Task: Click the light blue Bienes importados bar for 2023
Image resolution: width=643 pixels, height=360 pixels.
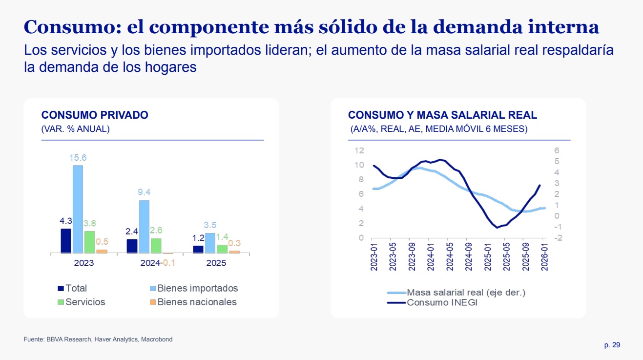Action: pyautogui.click(x=78, y=209)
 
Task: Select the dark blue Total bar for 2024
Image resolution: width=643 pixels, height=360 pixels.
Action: pyautogui.click(x=132, y=246)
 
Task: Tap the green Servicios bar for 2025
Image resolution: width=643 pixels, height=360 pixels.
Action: pyautogui.click(x=222, y=249)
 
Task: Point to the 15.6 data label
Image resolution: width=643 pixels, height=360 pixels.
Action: pyautogui.click(x=78, y=158)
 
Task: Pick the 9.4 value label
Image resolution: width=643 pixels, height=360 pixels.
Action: pyautogui.click(x=144, y=192)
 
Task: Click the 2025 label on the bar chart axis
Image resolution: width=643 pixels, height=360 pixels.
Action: pyautogui.click(x=216, y=263)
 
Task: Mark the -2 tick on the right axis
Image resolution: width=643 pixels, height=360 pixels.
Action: pyautogui.click(x=558, y=238)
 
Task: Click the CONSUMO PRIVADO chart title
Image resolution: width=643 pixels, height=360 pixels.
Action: pyautogui.click(x=95, y=115)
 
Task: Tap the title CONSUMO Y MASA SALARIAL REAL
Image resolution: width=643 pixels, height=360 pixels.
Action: pyautogui.click(x=442, y=115)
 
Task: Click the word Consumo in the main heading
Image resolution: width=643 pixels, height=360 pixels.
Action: pyautogui.click(x=68, y=27)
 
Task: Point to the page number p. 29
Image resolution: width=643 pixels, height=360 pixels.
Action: pyautogui.click(x=612, y=345)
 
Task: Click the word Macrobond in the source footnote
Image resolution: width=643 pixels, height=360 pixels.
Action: pyautogui.click(x=157, y=339)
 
